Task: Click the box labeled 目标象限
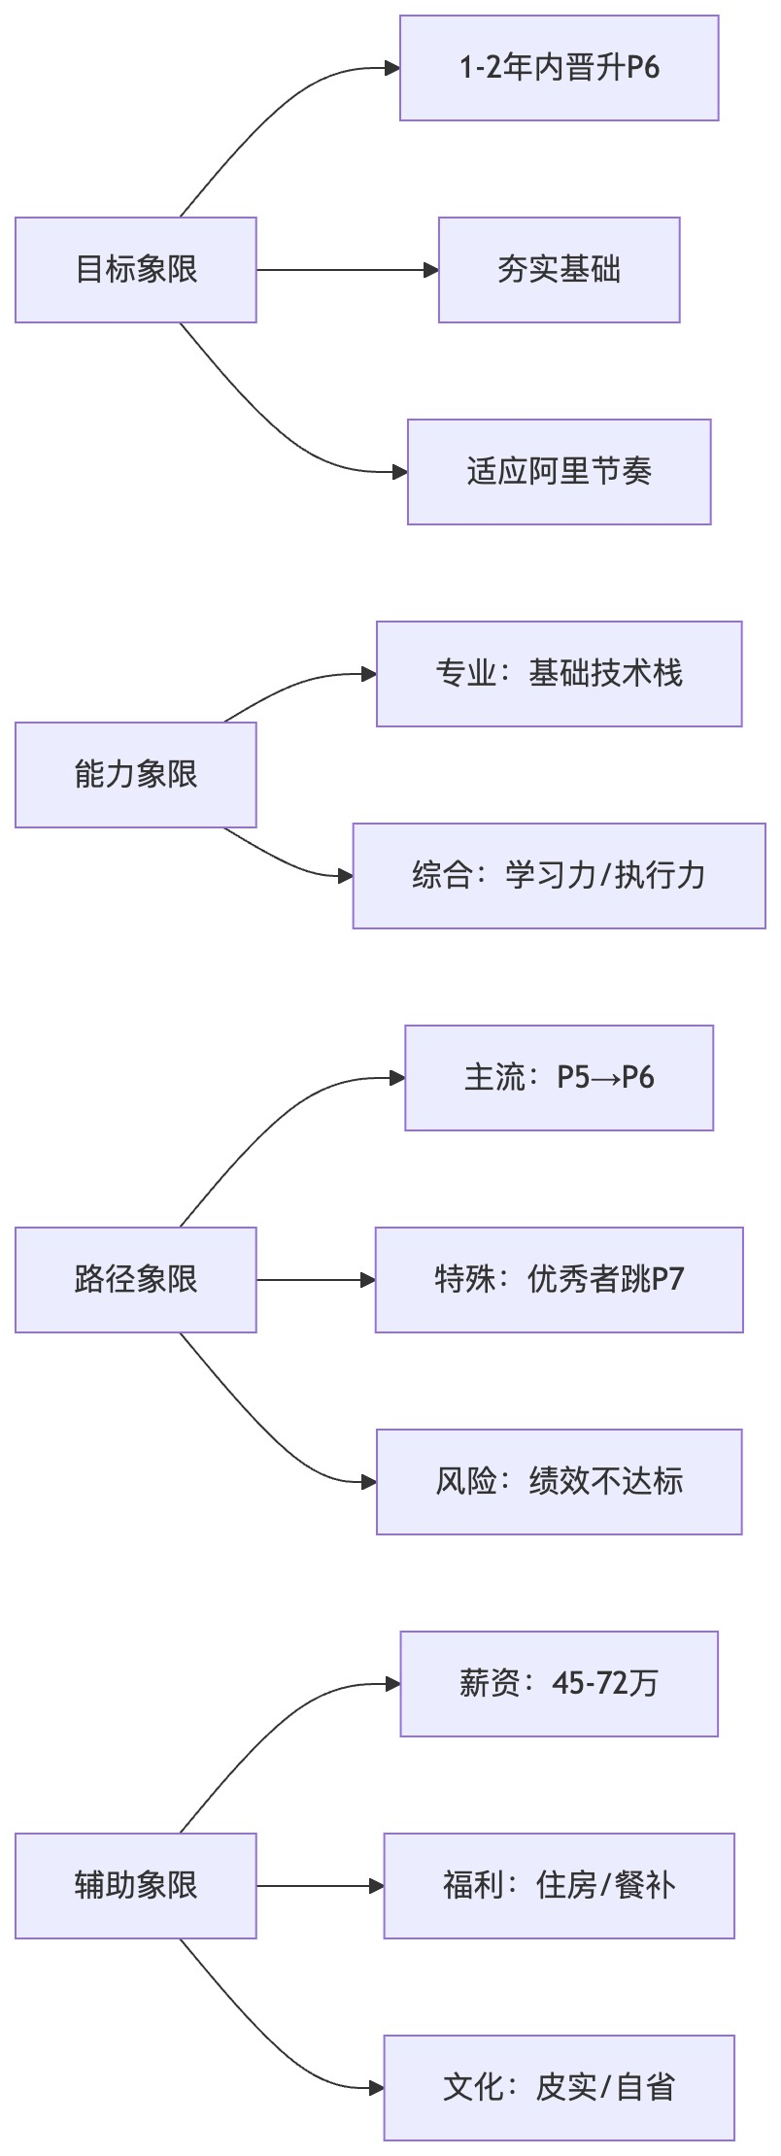click(136, 270)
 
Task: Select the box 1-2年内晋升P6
click(559, 68)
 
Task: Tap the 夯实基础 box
click(559, 270)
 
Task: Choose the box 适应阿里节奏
click(559, 472)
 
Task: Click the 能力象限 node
click(136, 775)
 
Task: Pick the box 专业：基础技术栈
click(559, 674)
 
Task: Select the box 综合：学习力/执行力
click(559, 876)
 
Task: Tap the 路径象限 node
click(136, 1280)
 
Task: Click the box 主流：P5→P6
click(559, 1078)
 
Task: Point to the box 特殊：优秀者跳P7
click(559, 1280)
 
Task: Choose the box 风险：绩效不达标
click(559, 1482)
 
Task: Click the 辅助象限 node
click(136, 1886)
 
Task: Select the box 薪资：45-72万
click(559, 1684)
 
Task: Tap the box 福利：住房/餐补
click(559, 1886)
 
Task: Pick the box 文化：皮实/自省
click(559, 2088)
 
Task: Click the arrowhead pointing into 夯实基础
click(432, 270)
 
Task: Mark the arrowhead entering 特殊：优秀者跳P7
click(369, 1280)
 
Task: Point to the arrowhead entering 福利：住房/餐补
click(378, 1886)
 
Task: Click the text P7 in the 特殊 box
click(668, 1280)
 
